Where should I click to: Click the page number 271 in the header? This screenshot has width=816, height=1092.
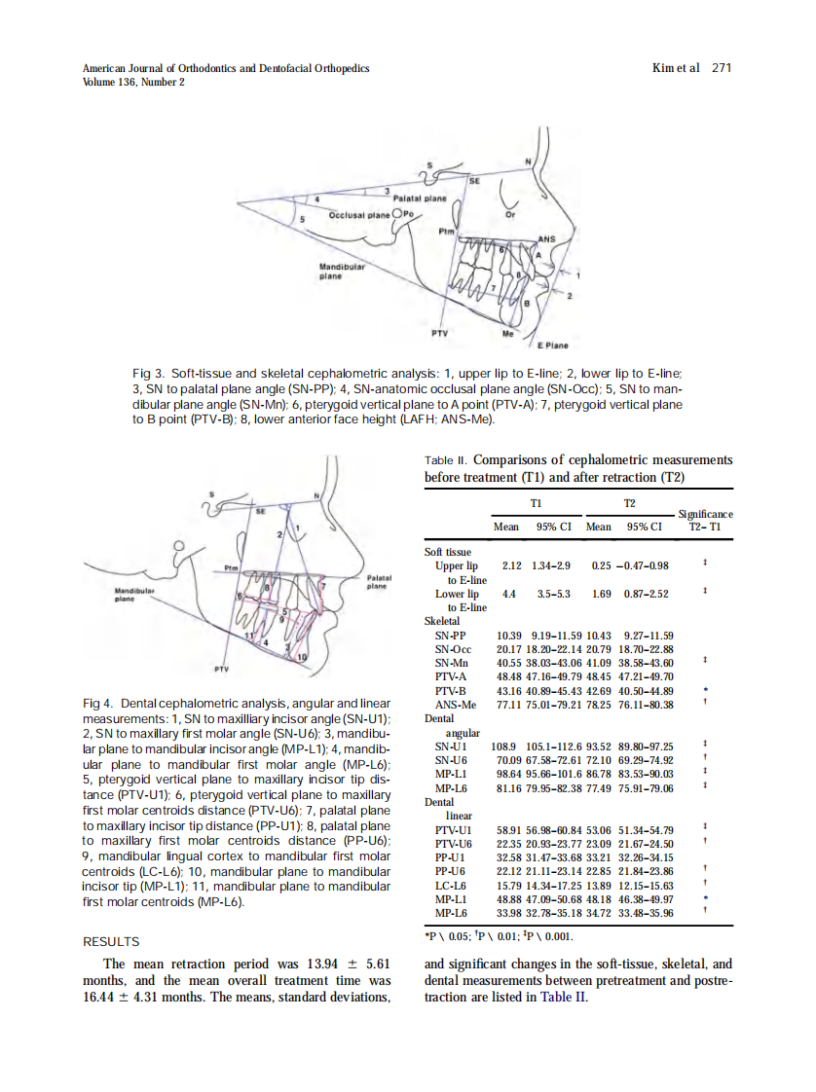(721, 68)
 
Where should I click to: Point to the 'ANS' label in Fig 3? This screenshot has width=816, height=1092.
(546, 238)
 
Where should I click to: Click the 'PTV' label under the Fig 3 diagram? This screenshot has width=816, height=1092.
(439, 333)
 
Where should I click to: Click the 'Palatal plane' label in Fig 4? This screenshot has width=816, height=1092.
(379, 582)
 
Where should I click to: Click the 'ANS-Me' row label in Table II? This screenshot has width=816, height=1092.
(456, 705)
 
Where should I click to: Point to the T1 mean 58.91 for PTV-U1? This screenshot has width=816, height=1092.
(505, 829)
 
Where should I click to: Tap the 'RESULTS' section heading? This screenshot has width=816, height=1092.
(111, 941)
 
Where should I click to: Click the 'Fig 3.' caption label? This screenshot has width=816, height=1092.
(148, 374)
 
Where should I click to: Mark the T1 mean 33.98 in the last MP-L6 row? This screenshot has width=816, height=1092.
(505, 913)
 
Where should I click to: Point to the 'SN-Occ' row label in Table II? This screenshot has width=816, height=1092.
(454, 649)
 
